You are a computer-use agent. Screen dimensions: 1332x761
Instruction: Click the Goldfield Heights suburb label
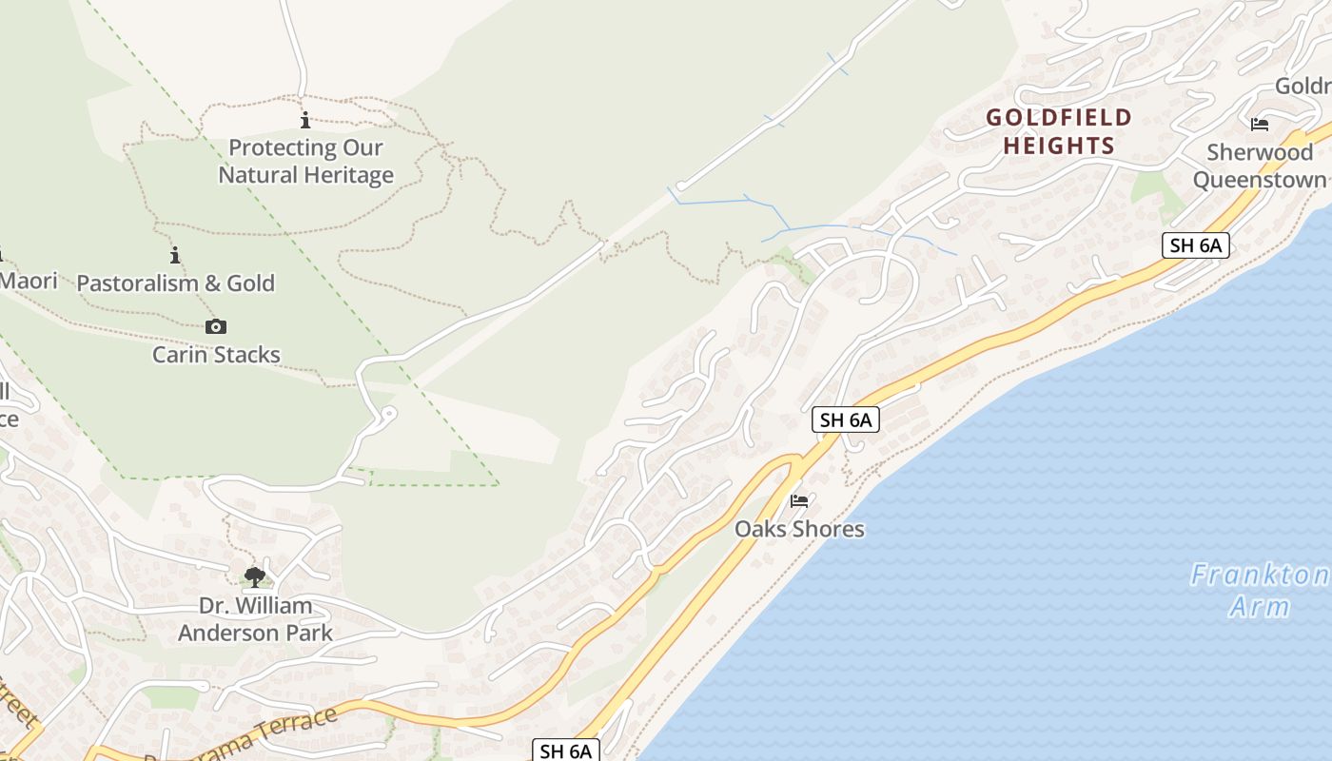1059,131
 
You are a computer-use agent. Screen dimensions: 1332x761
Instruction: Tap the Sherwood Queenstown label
1259,166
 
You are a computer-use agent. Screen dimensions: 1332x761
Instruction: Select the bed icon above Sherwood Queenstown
1260,125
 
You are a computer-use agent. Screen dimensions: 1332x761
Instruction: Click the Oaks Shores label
799,529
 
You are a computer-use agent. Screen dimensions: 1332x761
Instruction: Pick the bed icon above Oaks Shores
799,500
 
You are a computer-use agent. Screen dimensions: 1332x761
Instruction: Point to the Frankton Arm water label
1259,590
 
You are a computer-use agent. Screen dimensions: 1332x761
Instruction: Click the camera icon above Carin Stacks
216,326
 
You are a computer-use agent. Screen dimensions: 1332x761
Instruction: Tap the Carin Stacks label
216,355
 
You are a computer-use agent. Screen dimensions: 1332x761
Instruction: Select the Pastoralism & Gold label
175,283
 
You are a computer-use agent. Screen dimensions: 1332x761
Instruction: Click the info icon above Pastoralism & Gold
175,255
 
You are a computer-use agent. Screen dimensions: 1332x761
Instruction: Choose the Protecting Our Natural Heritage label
305,161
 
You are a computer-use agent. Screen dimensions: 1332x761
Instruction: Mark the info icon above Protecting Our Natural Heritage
305,120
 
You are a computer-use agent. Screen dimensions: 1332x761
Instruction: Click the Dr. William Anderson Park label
255,618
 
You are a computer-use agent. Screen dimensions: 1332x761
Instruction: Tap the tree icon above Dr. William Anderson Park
254,576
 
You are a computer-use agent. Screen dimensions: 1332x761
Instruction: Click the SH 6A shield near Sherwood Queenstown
1195,245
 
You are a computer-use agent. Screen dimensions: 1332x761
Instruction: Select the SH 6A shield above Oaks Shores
845,420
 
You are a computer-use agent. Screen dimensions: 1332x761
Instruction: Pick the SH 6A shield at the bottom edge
565,751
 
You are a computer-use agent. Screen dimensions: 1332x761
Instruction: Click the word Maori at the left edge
29,281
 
